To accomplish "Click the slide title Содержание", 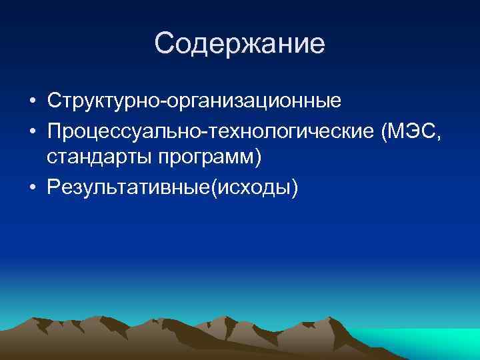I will [239, 43].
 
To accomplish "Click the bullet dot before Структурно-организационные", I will [32, 102].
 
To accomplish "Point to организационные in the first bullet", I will [247, 101].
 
